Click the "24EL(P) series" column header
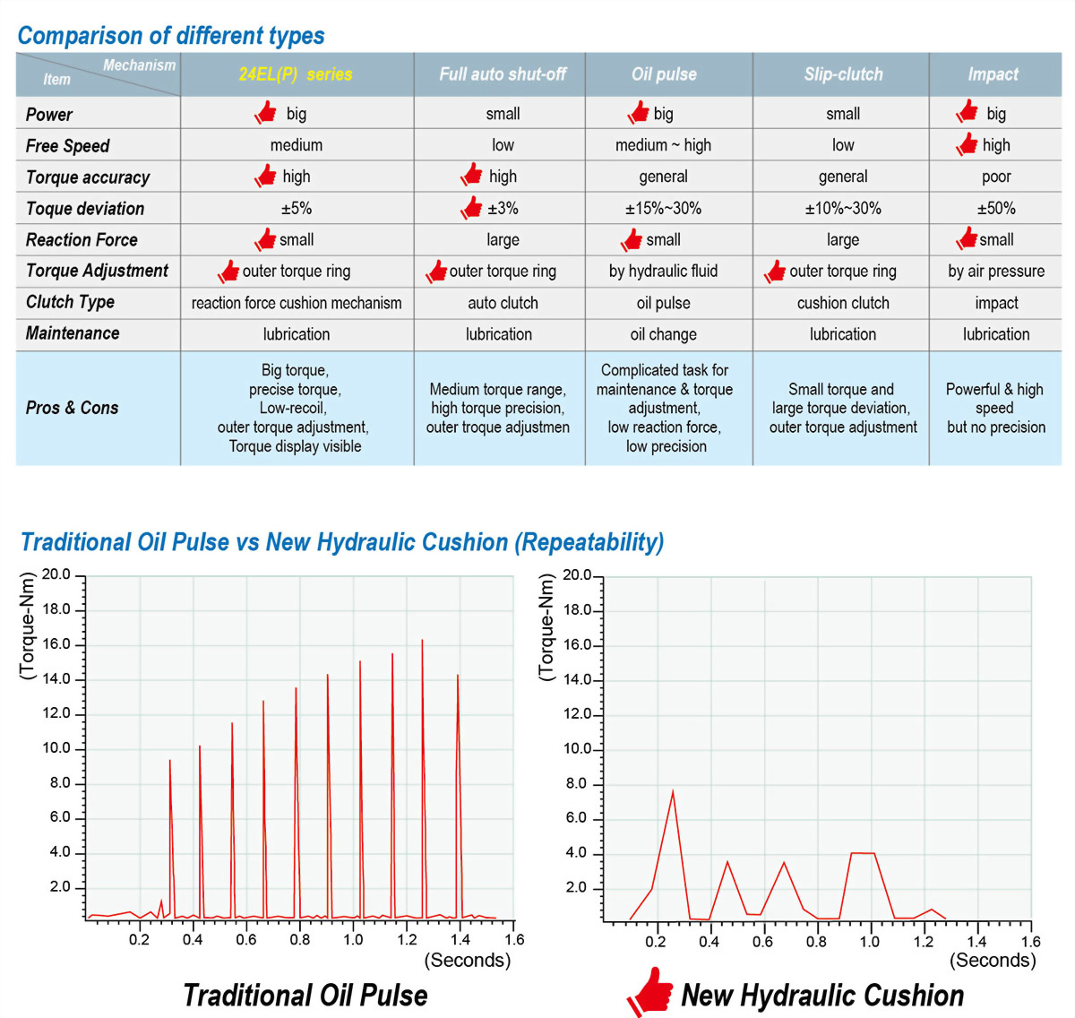click(x=296, y=74)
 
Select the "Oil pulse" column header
click(x=664, y=74)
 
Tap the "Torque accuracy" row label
click(x=88, y=177)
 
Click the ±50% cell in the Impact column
click(x=996, y=209)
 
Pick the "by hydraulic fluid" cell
click(x=663, y=272)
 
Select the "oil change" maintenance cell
click(x=663, y=334)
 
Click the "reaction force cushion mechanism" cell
click(x=297, y=303)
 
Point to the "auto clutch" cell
click(x=503, y=303)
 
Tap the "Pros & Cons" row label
click(x=72, y=408)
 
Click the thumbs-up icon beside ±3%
click(x=471, y=207)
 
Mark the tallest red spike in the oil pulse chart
click(x=422, y=641)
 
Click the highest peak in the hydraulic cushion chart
click(x=673, y=791)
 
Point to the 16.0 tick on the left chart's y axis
click(x=56, y=644)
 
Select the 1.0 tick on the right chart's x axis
click(x=869, y=942)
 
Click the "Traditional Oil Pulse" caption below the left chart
click(x=305, y=995)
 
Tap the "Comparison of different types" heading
click(x=171, y=36)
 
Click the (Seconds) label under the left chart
click(x=467, y=961)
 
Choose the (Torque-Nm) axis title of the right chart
click(x=546, y=627)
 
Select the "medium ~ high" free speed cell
click(x=663, y=145)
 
